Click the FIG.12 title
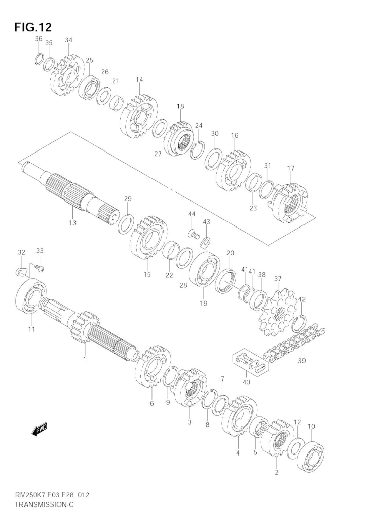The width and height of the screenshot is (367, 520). (x=33, y=27)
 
